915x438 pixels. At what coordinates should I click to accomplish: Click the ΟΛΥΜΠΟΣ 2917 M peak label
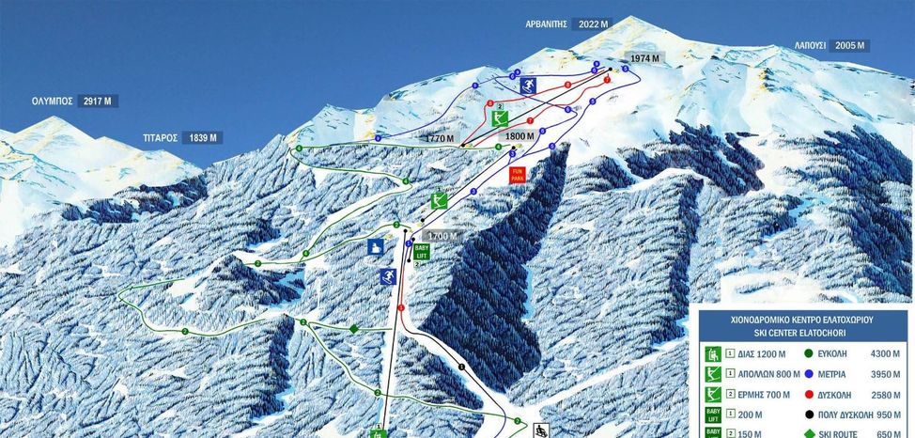click(x=74, y=101)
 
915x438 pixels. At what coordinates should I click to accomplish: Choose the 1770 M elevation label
click(x=439, y=138)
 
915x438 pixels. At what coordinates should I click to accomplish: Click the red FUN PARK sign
click(x=517, y=175)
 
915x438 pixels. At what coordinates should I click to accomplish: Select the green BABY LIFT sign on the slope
click(x=422, y=255)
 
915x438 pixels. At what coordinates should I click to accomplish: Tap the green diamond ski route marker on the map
click(x=353, y=328)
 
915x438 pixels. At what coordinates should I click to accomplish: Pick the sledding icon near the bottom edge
click(x=541, y=430)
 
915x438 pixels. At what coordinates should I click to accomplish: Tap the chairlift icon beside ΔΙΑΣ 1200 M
click(x=715, y=355)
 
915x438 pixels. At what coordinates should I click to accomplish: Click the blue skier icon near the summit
click(x=528, y=86)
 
